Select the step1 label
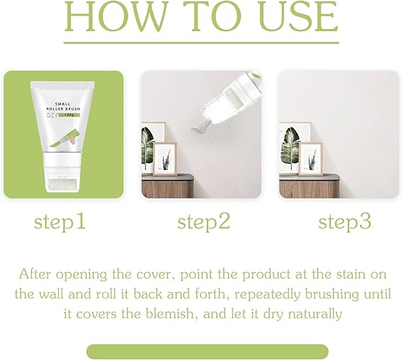click(59, 222)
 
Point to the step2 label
click(203, 222)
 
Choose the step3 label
click(345, 222)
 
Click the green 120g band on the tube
click(69, 115)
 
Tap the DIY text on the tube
click(52, 115)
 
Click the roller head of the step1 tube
click(62, 184)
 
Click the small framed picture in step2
click(165, 159)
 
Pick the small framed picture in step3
click(311, 159)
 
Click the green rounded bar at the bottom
click(208, 351)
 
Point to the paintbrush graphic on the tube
click(64, 140)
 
